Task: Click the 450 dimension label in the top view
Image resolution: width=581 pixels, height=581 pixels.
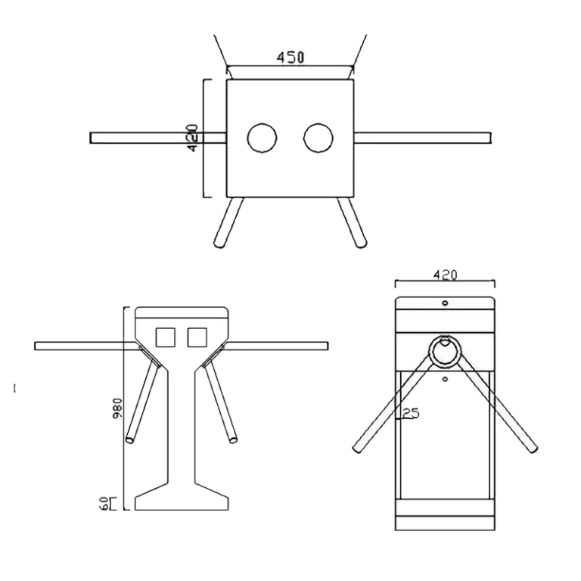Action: tap(290, 57)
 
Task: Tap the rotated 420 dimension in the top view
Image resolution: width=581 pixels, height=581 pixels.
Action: tap(193, 138)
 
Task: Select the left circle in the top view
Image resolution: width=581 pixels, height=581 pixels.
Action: tap(262, 138)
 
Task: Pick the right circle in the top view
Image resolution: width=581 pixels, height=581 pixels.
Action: tap(318, 138)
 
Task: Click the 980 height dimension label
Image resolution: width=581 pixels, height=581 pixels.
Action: tap(118, 409)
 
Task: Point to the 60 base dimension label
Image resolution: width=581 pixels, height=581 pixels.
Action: tap(104, 504)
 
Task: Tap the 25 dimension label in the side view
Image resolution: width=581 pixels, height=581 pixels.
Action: tap(411, 413)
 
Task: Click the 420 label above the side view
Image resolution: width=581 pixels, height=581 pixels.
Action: tap(445, 275)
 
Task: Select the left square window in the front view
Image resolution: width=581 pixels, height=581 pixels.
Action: tap(165, 337)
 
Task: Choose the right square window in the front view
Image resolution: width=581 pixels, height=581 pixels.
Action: tap(197, 337)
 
